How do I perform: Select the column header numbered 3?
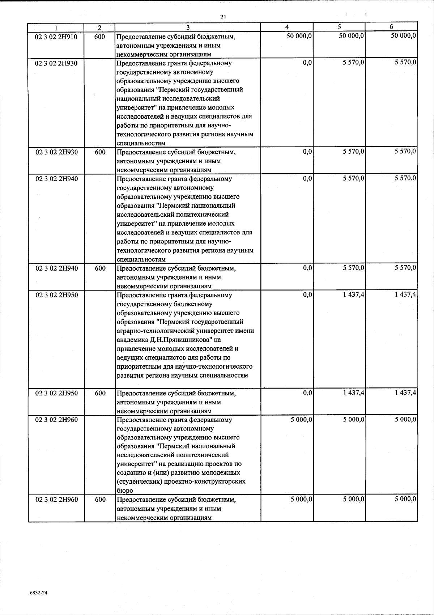[x=188, y=27]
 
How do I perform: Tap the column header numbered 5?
[x=339, y=27]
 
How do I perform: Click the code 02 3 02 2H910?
[x=56, y=37]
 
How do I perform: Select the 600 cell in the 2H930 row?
[x=100, y=152]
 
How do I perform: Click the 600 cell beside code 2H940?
[x=100, y=268]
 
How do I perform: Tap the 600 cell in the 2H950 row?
[x=100, y=393]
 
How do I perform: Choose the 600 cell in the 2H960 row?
[x=100, y=500]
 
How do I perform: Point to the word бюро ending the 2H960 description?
[x=125, y=491]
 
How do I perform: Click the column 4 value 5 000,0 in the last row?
[x=301, y=500]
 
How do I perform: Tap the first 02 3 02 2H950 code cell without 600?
[x=56, y=295]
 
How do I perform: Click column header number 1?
[x=56, y=27]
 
